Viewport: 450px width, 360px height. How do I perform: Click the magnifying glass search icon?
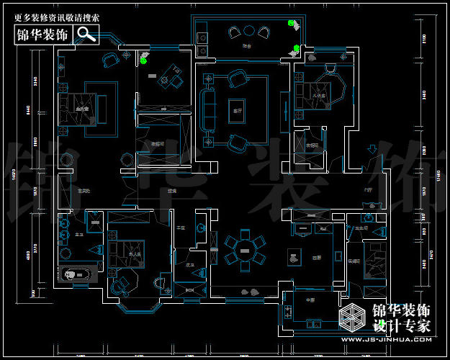pos(86,34)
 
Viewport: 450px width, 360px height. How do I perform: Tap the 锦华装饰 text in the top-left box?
pos(43,35)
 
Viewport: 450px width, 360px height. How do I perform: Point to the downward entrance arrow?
pos(372,150)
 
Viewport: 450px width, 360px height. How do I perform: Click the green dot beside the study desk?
pos(144,60)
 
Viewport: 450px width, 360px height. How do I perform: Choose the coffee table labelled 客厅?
pos(235,103)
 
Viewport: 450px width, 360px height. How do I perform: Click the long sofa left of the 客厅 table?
pos(210,105)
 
